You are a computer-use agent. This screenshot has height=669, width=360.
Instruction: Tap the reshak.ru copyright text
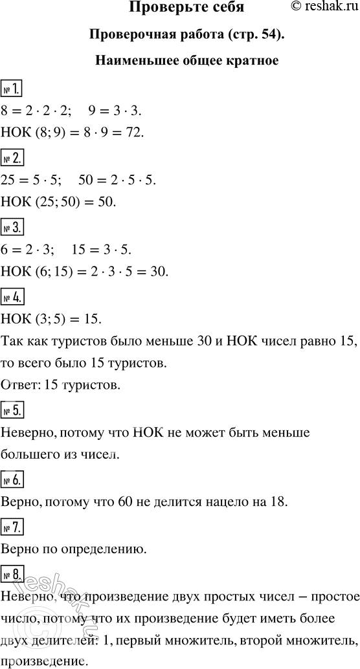321,8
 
